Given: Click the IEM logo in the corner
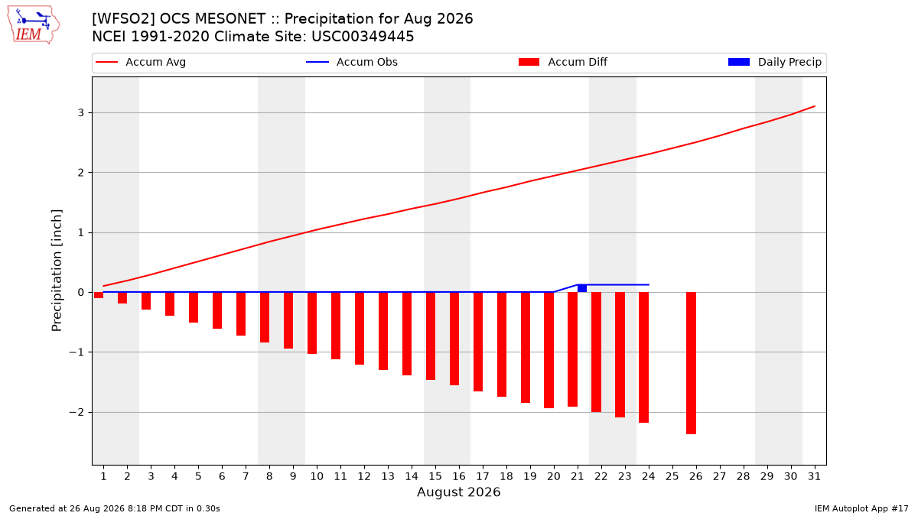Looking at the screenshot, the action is click(x=34, y=25).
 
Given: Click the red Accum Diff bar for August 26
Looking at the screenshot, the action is click(x=691, y=363).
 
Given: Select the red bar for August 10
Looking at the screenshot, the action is click(x=312, y=323).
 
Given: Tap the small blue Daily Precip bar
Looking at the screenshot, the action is click(x=582, y=288).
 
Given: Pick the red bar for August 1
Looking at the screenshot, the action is click(x=99, y=295).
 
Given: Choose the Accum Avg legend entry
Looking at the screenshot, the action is click(x=141, y=62).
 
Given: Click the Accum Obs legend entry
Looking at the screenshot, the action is click(x=352, y=62).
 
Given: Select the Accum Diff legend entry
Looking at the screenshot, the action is click(x=563, y=62).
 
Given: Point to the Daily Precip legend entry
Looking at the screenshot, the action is click(x=775, y=62).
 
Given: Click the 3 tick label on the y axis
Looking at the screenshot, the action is click(x=81, y=112).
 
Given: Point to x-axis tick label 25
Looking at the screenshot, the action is click(x=672, y=476).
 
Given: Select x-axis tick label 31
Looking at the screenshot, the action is click(x=814, y=476).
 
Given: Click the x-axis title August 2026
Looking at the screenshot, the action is click(x=458, y=492).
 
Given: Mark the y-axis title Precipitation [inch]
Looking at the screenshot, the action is click(x=57, y=271).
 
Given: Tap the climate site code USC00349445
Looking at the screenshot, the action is click(x=363, y=37).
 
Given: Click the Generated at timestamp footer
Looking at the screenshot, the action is click(x=114, y=508).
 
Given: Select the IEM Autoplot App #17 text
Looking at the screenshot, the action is click(x=861, y=508).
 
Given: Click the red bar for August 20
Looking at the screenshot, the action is click(x=549, y=350).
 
